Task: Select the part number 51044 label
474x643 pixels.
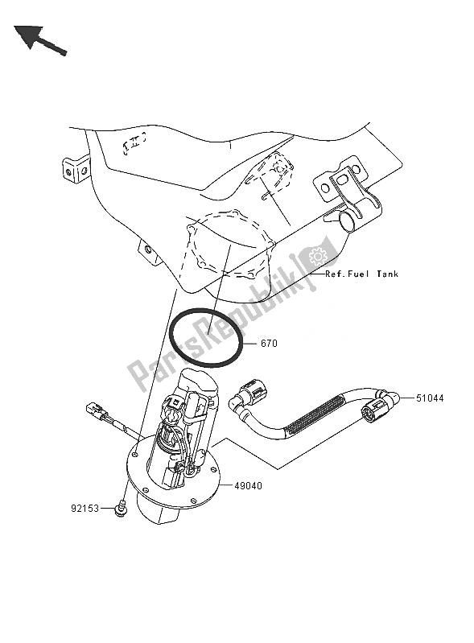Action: click(x=430, y=398)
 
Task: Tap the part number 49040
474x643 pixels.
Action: click(x=248, y=486)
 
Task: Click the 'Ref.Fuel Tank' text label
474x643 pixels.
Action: click(x=361, y=274)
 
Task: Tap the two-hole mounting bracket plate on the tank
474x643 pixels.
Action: click(x=340, y=188)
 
